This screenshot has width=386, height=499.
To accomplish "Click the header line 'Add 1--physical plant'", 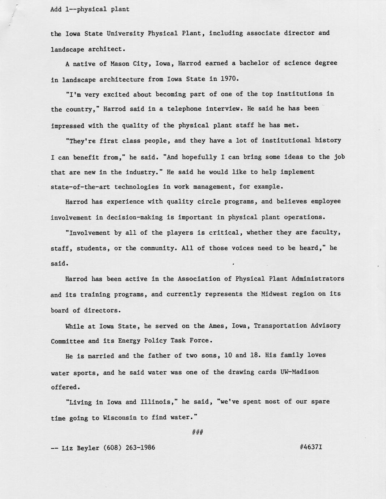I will (90, 9).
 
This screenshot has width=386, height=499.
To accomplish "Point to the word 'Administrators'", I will (318, 278).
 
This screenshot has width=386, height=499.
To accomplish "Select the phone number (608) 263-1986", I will (129, 448).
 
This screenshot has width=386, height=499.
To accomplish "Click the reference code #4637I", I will (311, 447).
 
